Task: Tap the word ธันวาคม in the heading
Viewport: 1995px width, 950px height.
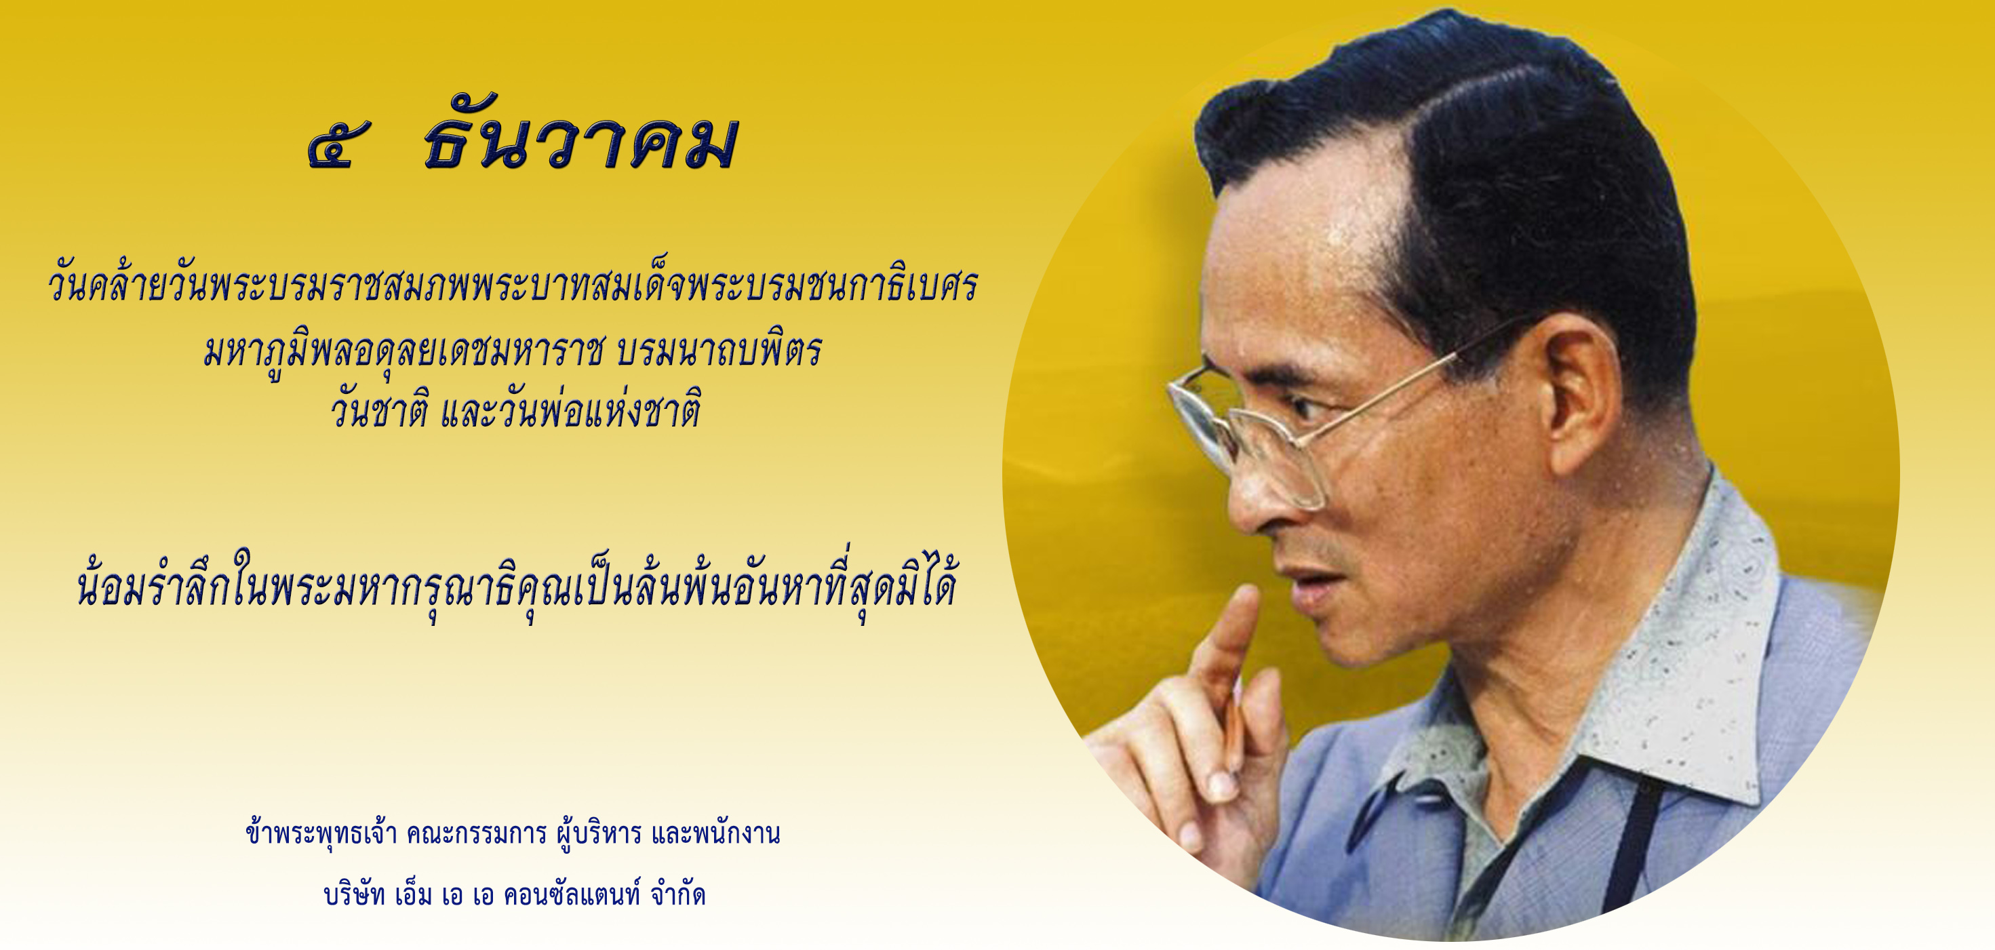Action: coord(579,143)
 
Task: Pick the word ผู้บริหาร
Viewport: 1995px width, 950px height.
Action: coord(599,834)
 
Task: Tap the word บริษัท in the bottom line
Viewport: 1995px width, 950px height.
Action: coord(355,896)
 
